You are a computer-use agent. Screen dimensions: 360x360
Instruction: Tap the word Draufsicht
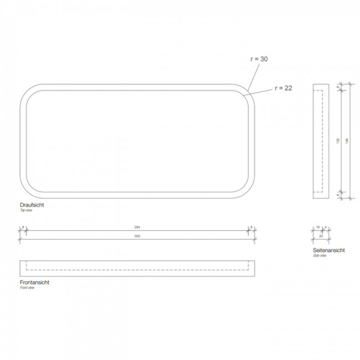(32, 205)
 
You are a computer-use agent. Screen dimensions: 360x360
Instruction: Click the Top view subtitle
(27, 211)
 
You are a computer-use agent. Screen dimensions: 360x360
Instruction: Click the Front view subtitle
(28, 288)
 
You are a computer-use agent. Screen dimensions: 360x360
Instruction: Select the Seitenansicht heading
(328, 250)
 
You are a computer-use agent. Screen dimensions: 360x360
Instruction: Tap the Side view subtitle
(320, 256)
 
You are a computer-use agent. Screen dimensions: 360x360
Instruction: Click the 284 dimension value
(137, 227)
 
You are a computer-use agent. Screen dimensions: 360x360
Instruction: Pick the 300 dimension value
(137, 236)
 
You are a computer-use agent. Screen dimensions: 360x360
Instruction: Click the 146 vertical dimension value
(347, 141)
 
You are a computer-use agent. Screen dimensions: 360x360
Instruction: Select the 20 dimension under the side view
(321, 236)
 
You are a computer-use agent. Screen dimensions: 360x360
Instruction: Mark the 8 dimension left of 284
(23, 227)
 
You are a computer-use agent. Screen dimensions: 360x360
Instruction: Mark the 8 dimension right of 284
(251, 227)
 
